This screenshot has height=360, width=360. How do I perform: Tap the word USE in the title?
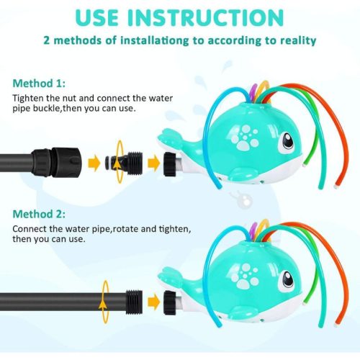pos(97,17)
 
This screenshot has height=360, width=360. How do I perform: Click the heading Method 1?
pos(39,84)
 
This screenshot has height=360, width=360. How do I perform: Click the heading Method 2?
pos(39,214)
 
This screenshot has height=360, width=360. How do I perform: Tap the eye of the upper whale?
pos(287,142)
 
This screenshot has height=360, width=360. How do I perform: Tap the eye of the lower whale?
pos(288,280)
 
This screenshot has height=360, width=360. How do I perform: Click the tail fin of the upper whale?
pos(170,138)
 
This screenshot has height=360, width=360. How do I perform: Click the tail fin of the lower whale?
pos(170,275)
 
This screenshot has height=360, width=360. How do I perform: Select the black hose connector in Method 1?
pos(57,162)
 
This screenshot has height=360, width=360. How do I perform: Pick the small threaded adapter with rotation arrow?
pos(124,163)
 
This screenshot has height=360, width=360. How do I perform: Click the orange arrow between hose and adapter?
pos(94,163)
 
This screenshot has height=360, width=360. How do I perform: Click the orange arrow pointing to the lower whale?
pos(153,302)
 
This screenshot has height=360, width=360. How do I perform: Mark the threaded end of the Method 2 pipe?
pos(134,302)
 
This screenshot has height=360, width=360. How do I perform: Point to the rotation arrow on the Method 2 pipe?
pos(104,302)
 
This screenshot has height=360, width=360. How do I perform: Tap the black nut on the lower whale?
pos(170,302)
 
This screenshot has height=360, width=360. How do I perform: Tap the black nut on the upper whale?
pos(170,164)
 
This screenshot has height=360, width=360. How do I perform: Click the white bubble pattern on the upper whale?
pos(244,138)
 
